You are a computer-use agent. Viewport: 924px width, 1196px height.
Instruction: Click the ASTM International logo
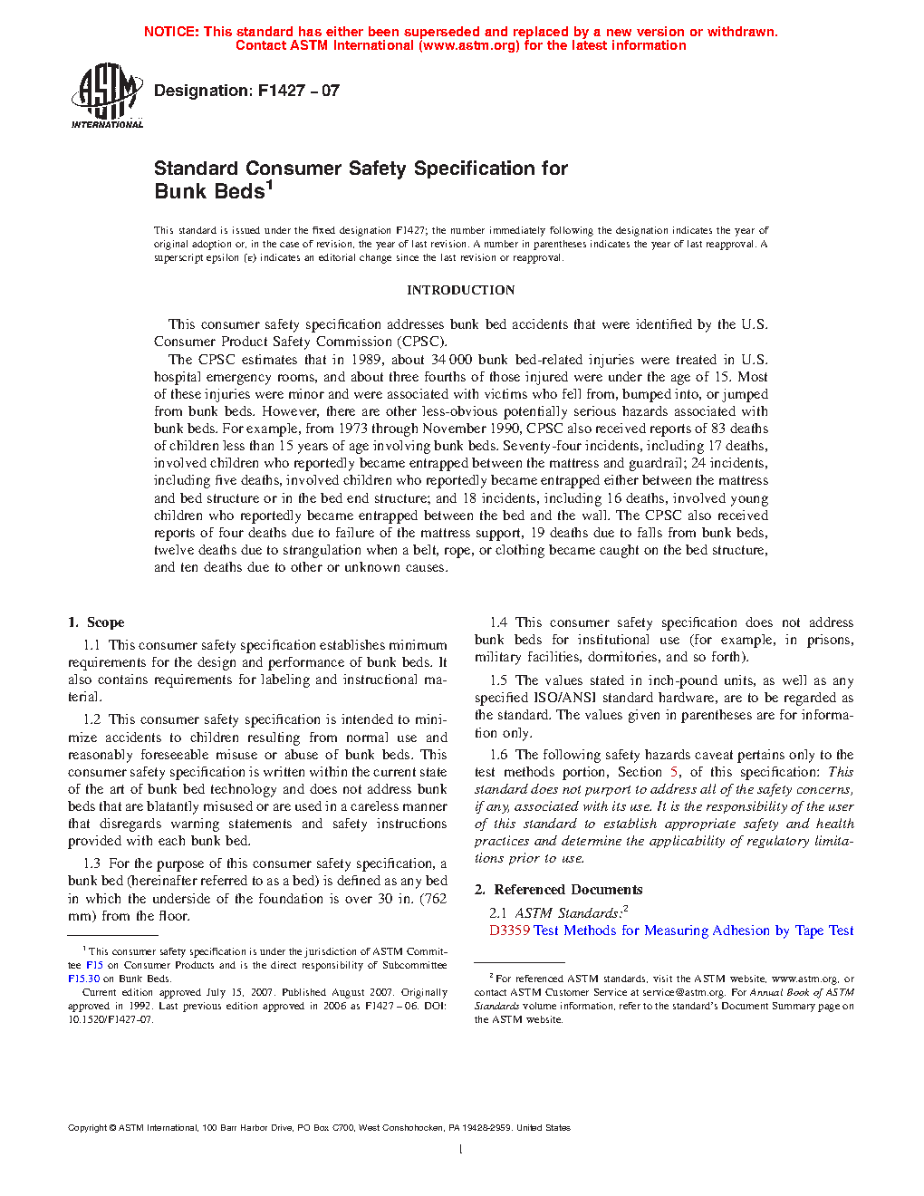(107, 95)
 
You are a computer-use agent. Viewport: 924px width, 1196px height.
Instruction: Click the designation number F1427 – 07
(298, 91)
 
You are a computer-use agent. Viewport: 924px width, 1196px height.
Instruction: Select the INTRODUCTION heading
(460, 290)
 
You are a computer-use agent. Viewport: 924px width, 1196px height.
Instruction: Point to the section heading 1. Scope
(96, 622)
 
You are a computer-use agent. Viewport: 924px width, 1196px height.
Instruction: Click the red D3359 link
(509, 931)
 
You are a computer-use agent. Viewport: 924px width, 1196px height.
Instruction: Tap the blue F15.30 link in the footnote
(83, 979)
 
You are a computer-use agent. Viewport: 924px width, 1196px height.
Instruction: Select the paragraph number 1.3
(91, 863)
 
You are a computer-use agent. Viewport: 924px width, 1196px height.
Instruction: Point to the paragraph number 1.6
(498, 755)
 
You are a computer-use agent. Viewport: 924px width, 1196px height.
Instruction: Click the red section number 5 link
(674, 772)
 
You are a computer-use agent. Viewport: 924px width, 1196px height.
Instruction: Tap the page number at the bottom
(461, 1149)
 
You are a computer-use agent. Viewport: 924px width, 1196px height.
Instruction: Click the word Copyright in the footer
(87, 1128)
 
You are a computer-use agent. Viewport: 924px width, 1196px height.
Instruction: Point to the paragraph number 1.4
(498, 622)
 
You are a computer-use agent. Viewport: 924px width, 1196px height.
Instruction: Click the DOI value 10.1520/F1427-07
(110, 1019)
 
